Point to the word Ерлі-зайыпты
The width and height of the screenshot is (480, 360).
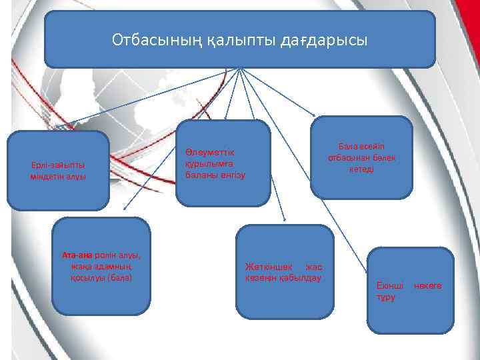[x=58, y=165]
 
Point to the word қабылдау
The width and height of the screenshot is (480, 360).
[x=301, y=277]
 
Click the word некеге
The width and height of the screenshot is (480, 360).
[x=427, y=285]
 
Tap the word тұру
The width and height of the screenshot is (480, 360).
[x=385, y=297]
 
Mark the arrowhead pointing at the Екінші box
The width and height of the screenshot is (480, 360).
[x=367, y=269]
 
